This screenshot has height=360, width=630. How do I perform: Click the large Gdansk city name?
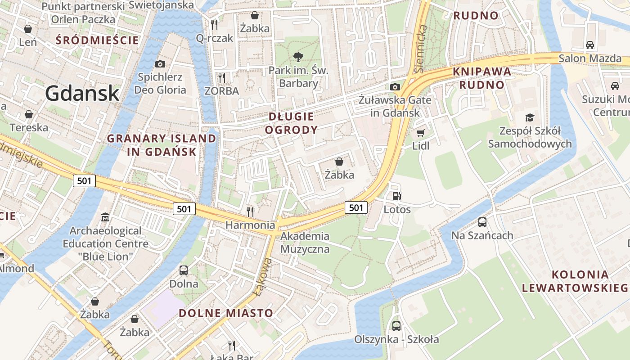(82, 94)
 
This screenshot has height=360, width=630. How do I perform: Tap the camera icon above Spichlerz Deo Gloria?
(160, 64)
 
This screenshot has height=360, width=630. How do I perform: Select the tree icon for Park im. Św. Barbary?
(297, 57)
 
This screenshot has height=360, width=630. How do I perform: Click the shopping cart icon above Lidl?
(420, 133)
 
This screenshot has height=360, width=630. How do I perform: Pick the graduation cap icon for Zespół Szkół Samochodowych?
(530, 117)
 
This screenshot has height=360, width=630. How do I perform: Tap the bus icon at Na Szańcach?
(482, 222)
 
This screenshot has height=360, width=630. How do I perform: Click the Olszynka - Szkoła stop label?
(396, 339)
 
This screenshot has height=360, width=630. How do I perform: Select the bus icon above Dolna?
(184, 270)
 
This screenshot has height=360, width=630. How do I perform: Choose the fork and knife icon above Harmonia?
(250, 211)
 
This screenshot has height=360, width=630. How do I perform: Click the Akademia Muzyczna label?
(305, 243)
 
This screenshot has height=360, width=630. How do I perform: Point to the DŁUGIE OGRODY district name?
(291, 123)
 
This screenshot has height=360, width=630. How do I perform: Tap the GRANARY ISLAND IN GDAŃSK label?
(162, 145)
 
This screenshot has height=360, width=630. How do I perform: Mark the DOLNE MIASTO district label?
(226, 313)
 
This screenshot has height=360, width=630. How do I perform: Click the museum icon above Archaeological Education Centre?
(105, 217)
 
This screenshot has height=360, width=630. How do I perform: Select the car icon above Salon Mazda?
(589, 45)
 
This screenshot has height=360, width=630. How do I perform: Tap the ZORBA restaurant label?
(221, 91)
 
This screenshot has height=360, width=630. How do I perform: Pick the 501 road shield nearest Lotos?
(356, 207)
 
